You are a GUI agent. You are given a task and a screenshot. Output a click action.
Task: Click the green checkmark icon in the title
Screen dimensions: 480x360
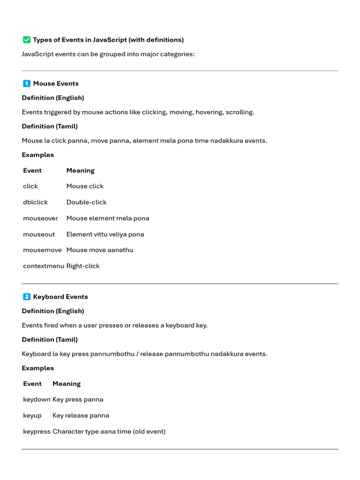coord(27,40)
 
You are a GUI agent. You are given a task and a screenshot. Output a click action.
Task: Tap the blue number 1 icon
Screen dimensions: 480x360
coord(27,83)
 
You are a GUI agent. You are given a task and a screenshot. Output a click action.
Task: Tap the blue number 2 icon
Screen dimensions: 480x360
coord(27,297)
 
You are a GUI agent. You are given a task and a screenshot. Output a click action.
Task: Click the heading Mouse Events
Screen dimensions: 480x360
coord(56,83)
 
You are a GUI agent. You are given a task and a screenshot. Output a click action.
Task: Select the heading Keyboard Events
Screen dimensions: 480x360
coord(60,297)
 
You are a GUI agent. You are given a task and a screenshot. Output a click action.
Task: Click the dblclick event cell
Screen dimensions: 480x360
coord(35,202)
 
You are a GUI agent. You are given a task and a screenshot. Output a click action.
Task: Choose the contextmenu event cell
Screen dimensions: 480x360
coord(44,266)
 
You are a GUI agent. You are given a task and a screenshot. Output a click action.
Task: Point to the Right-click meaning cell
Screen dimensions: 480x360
coord(83,266)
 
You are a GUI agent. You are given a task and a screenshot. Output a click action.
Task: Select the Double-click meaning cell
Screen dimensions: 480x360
coord(86,202)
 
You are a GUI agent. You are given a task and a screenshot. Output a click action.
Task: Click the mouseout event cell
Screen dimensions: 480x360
coord(39,234)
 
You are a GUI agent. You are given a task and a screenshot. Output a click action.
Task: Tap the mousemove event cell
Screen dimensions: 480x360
coord(42,250)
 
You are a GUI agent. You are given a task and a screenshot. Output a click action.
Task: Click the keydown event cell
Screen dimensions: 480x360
coord(37,399)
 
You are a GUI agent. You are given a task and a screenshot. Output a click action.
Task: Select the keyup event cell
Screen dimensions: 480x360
coord(32,415)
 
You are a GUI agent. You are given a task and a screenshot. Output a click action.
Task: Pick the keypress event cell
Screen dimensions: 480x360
coord(37,431)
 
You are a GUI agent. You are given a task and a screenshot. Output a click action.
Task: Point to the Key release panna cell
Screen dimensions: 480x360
coord(81,415)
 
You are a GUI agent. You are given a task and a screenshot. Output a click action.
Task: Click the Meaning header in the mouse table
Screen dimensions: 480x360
coord(80,171)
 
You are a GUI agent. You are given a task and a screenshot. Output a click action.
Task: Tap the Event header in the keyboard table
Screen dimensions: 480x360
coord(32,383)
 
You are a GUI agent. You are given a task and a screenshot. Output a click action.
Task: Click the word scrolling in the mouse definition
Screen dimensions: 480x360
coord(240,112)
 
